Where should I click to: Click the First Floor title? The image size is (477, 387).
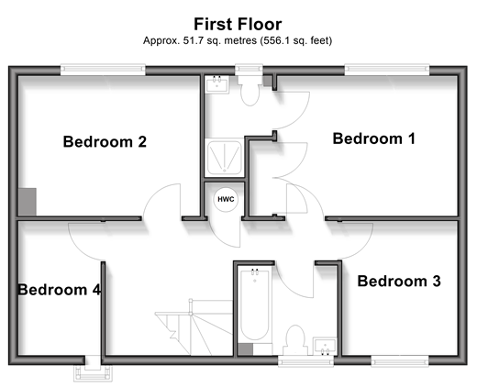pyautogui.click(x=238, y=24)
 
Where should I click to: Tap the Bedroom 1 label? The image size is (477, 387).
pyautogui.click(x=373, y=138)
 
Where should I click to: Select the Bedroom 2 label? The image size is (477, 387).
pyautogui.click(x=105, y=141)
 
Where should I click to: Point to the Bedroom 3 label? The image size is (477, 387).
pyautogui.click(x=399, y=281)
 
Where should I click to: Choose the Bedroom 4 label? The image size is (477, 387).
pyautogui.click(x=60, y=290)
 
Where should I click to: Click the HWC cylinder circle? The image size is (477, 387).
pyautogui.click(x=226, y=199)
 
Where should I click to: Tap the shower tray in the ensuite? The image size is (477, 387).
pyautogui.click(x=224, y=158)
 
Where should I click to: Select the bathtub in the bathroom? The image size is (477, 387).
pyautogui.click(x=254, y=304)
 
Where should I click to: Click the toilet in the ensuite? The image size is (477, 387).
pyautogui.click(x=250, y=91)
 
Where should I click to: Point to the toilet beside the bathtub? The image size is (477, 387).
pyautogui.click(x=295, y=340)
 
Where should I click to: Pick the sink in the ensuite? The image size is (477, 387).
pyautogui.click(x=216, y=84)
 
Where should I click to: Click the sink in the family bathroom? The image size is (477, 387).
pyautogui.click(x=325, y=347)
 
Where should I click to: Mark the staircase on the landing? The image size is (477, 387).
pyautogui.click(x=194, y=327)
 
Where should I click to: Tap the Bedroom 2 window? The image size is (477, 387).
pyautogui.click(x=103, y=70)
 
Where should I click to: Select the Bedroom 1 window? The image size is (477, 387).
pyautogui.click(x=387, y=70)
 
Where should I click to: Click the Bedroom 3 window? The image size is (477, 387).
pyautogui.click(x=400, y=361)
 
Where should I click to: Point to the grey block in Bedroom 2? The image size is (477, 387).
pyautogui.click(x=28, y=202)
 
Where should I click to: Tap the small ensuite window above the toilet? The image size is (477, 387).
pyautogui.click(x=249, y=70)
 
